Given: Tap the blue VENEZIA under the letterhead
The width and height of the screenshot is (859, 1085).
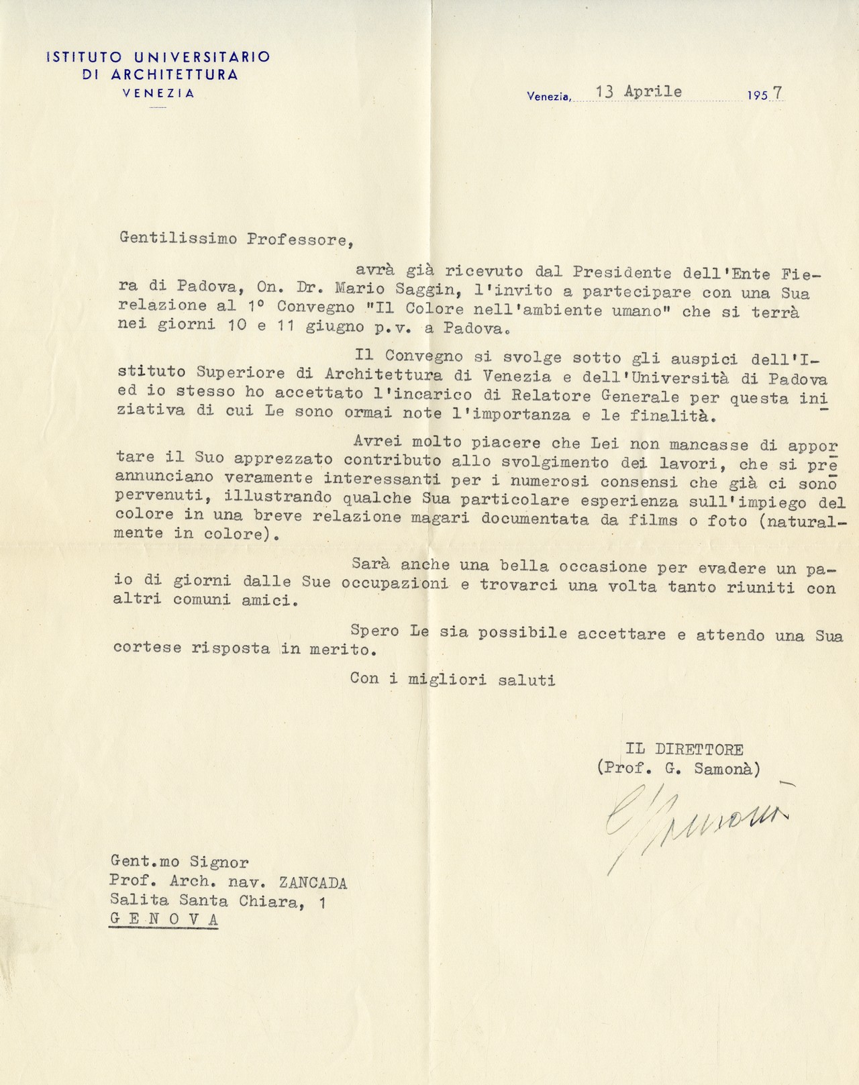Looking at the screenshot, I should pyautogui.click(x=159, y=94).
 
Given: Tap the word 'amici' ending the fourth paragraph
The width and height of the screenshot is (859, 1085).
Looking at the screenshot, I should pyautogui.click(x=266, y=601).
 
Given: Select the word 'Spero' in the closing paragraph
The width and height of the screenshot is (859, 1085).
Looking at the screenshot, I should pyautogui.click(x=374, y=631).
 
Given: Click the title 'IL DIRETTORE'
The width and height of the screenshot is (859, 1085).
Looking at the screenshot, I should pyautogui.click(x=684, y=750).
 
